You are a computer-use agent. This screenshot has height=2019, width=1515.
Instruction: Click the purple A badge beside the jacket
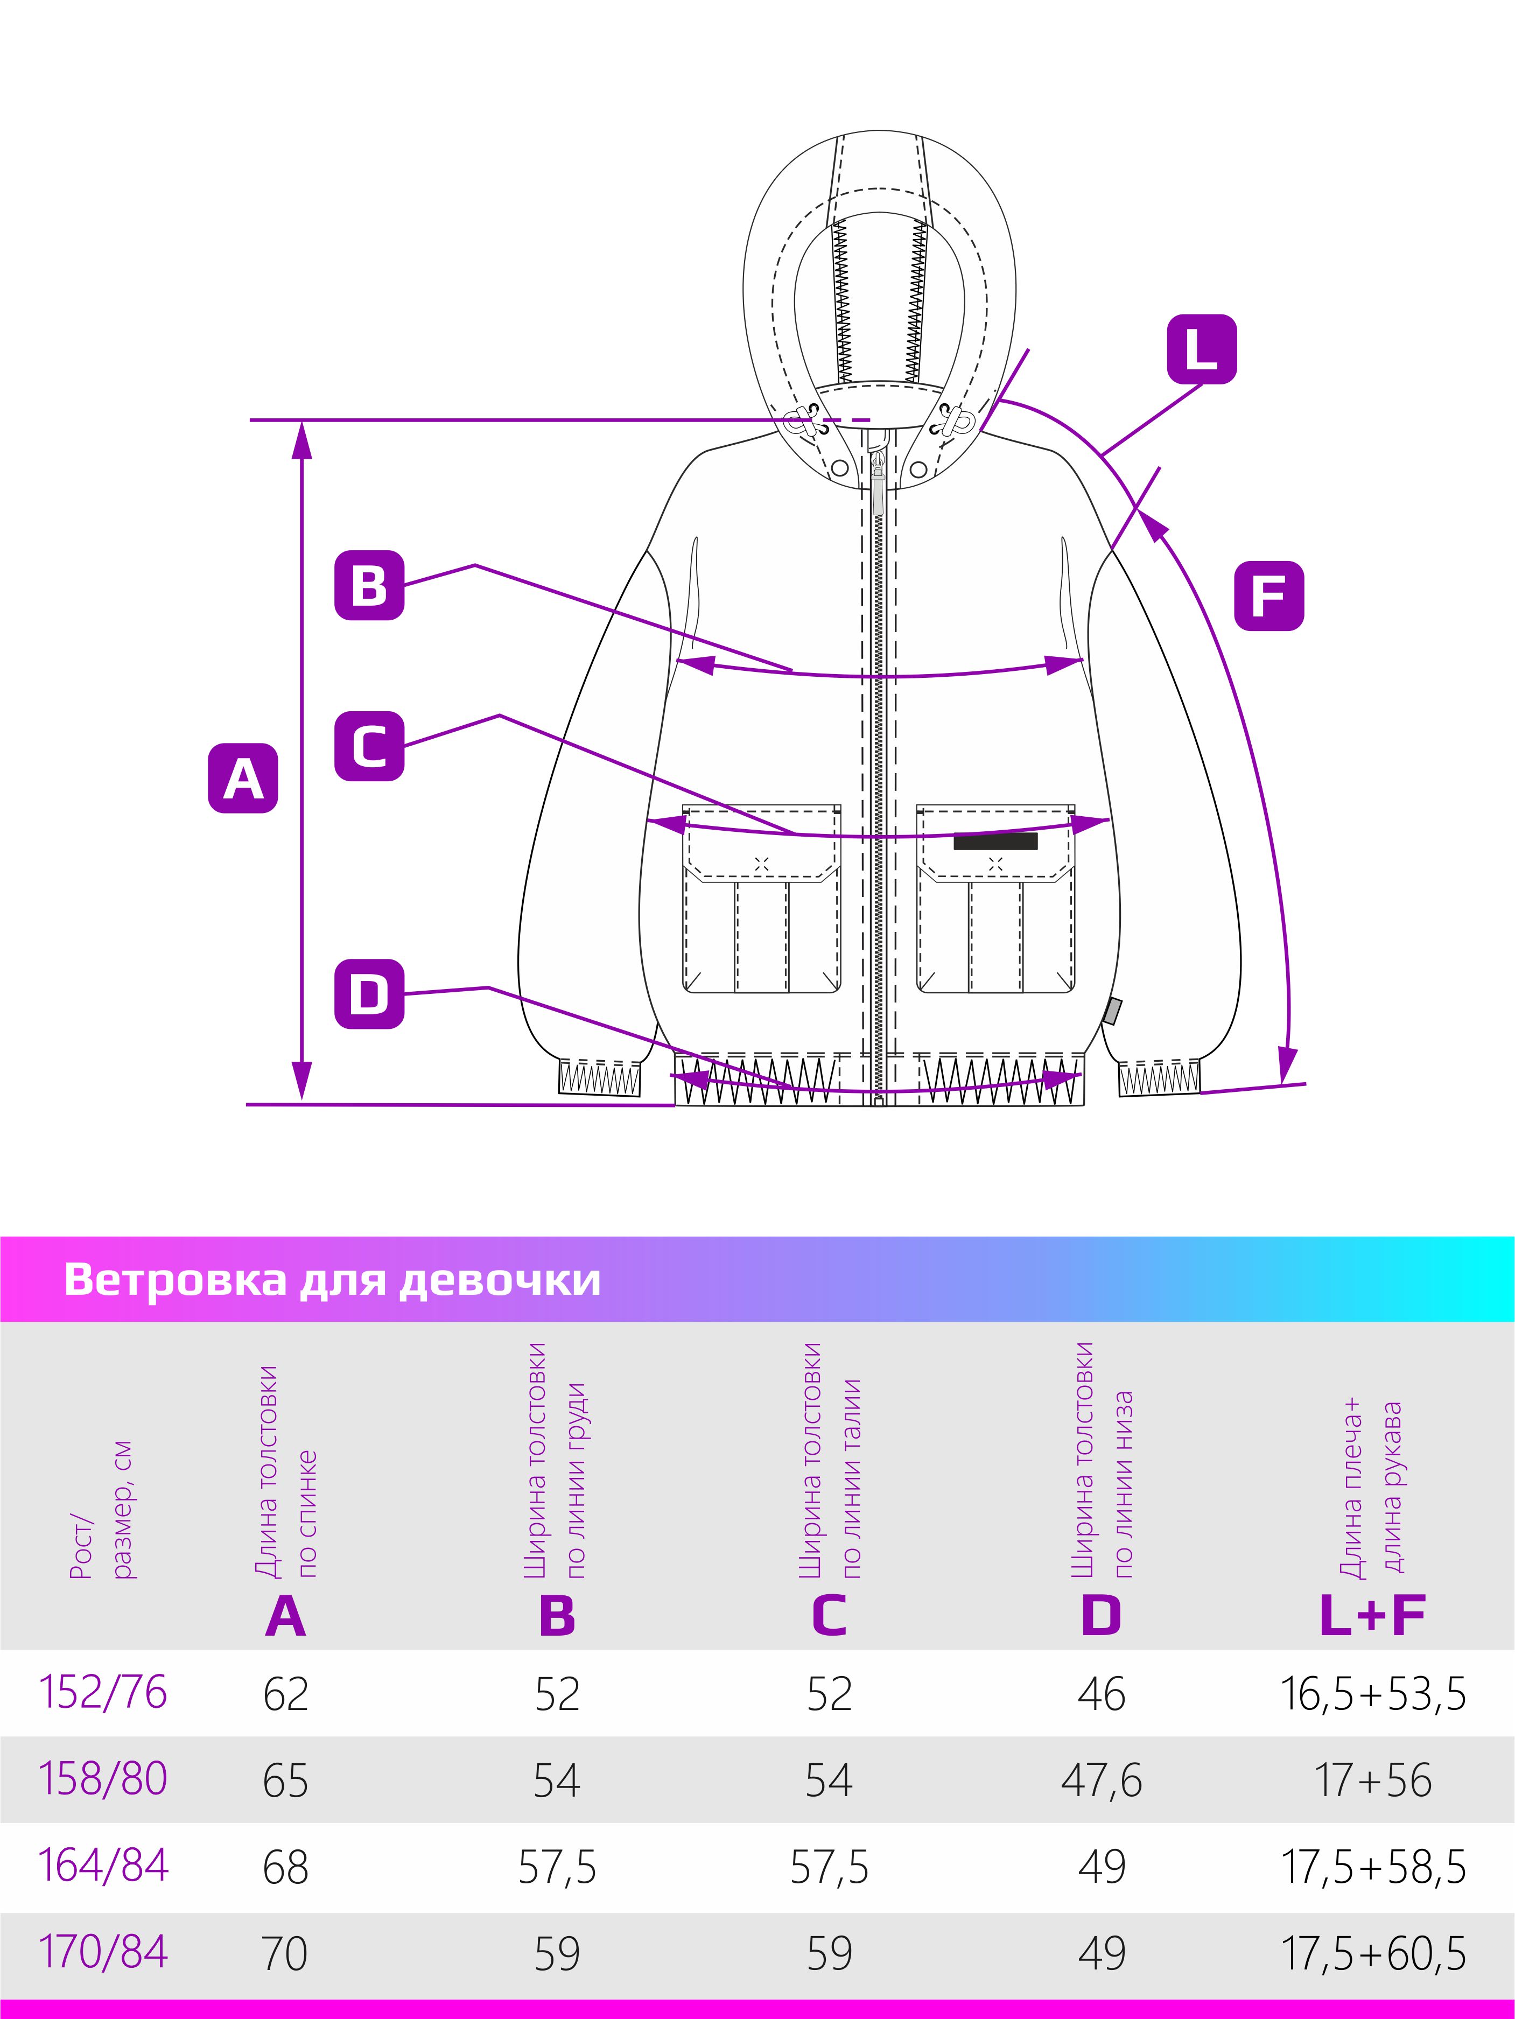click(x=243, y=779)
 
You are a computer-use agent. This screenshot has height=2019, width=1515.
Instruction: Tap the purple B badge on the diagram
click(x=369, y=585)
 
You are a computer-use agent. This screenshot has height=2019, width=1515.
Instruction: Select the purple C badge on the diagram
click(x=369, y=746)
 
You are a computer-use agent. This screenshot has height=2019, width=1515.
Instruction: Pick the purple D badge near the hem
click(x=369, y=994)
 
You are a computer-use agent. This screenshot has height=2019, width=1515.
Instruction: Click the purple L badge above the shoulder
click(x=1201, y=349)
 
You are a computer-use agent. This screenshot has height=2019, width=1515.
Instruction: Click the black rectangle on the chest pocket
click(x=995, y=840)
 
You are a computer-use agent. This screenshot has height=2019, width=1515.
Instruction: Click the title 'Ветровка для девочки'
click(x=332, y=1281)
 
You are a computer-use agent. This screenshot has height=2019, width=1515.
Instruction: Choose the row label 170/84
click(x=103, y=1952)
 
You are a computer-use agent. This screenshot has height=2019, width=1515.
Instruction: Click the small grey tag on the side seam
click(x=1112, y=1011)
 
